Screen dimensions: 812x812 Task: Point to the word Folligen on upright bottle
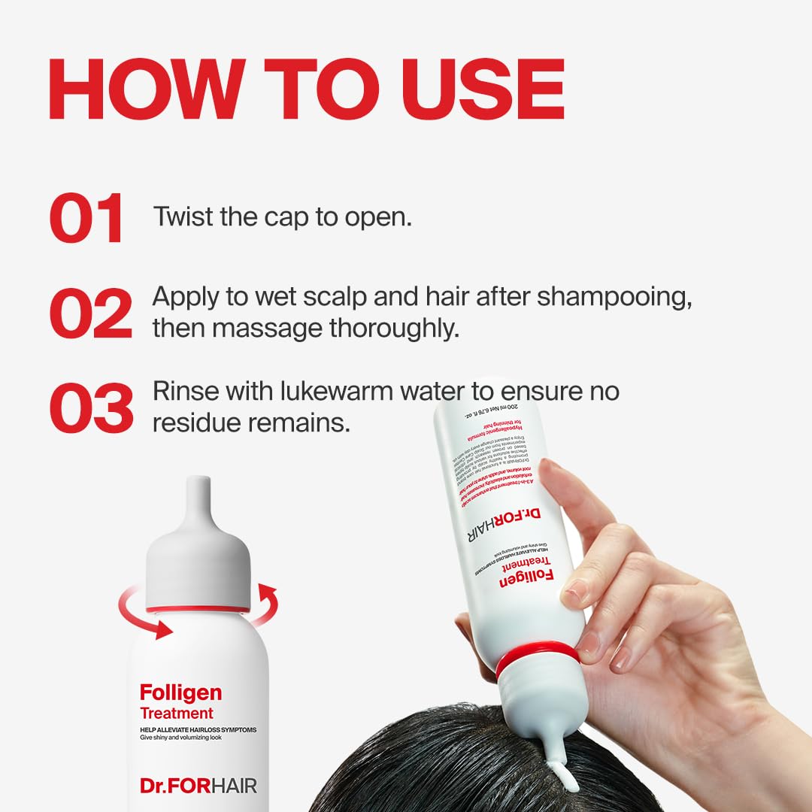click(180, 692)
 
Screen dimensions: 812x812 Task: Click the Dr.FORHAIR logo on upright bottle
click(198, 786)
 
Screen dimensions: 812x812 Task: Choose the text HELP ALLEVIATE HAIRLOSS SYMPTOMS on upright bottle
click(198, 730)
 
